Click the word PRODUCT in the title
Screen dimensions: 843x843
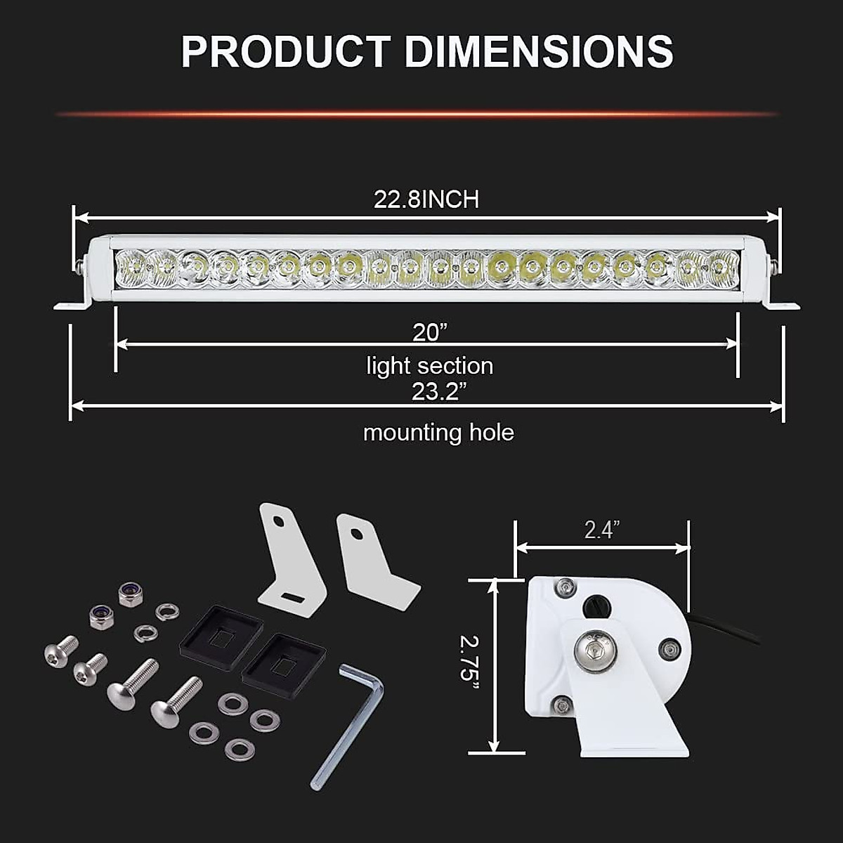tap(285, 51)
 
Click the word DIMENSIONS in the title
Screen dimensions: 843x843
tap(539, 51)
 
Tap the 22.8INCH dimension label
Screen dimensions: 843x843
tap(426, 200)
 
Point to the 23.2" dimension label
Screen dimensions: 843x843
tap(435, 391)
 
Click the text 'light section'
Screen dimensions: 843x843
tap(429, 366)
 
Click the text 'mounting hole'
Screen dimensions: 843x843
tap(438, 432)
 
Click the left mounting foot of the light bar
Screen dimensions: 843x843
tap(70, 304)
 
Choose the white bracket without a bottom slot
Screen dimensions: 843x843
tap(372, 562)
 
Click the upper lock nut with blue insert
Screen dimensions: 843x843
tap(131, 594)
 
